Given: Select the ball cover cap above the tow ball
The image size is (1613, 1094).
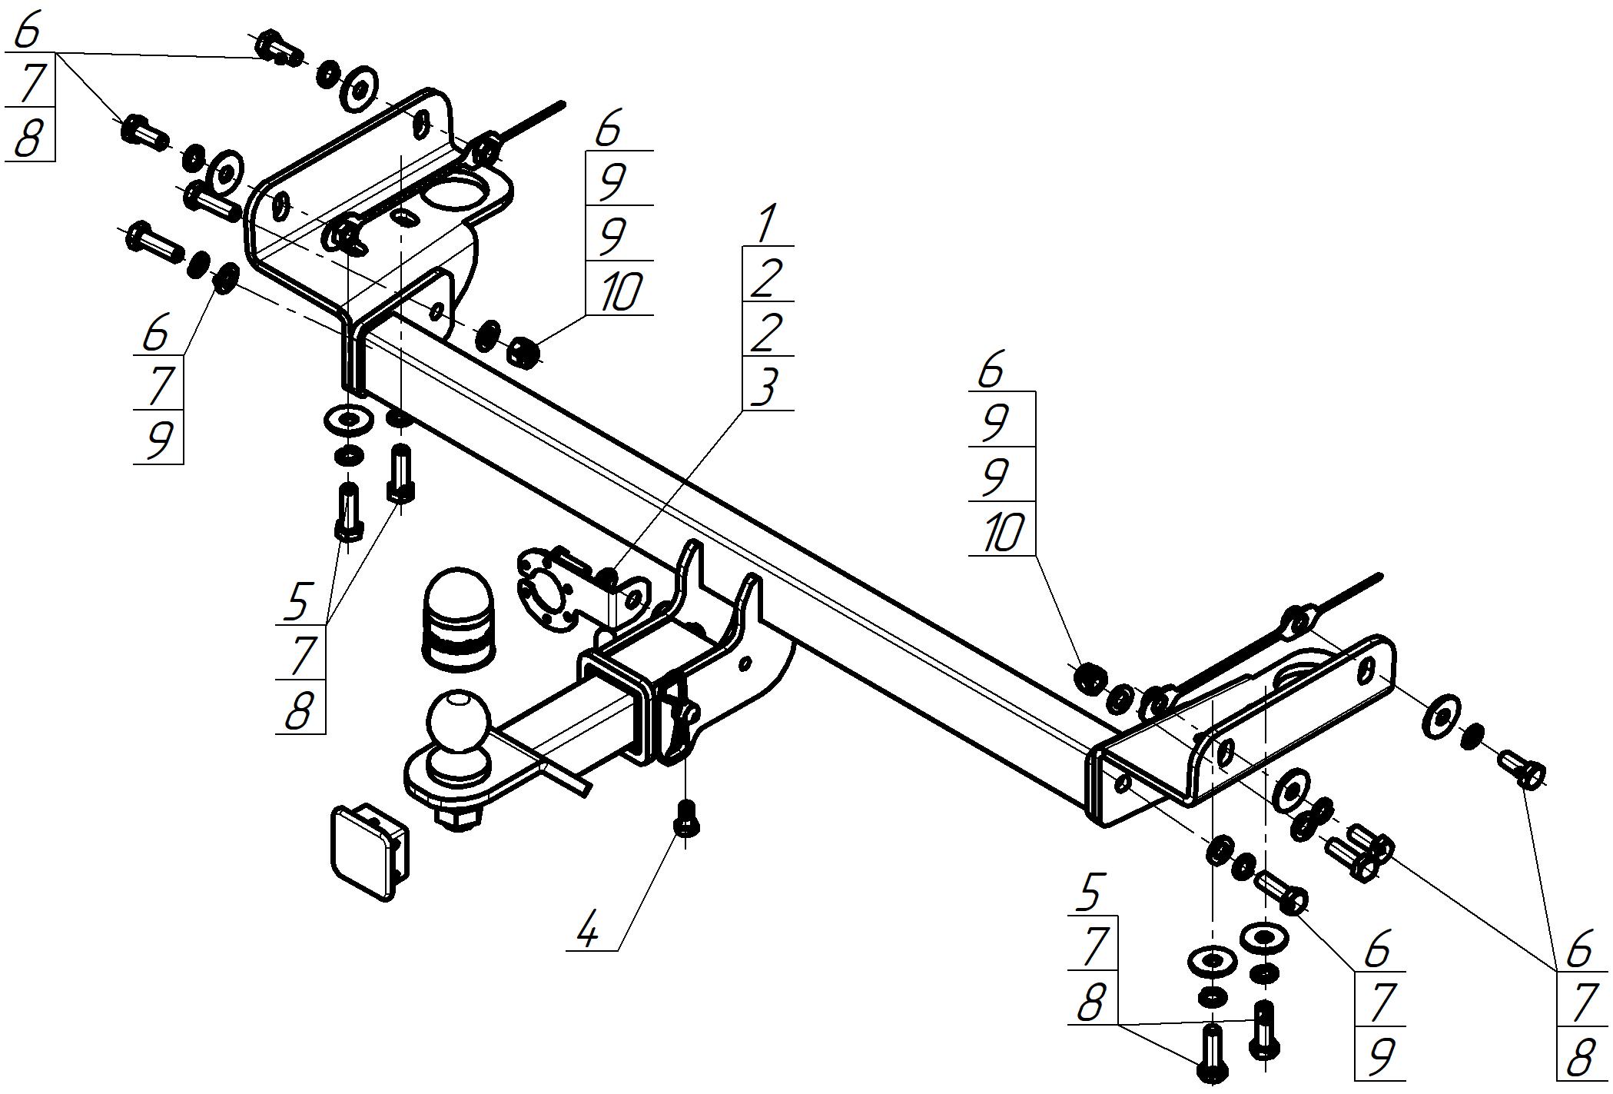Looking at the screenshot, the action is coord(459,619).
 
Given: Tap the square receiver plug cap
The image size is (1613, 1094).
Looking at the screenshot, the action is coord(369,850).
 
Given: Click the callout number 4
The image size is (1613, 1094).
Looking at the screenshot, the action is coord(588,933).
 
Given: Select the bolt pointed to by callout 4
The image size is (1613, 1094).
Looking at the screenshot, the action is coord(685,816).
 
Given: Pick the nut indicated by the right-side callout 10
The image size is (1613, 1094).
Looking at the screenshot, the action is coord(1089,679).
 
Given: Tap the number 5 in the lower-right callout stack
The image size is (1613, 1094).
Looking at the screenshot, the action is coord(1090,893).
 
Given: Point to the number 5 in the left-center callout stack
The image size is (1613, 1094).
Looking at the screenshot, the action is coord(297,602).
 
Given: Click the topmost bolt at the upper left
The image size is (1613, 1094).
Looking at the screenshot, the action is coord(278,48).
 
